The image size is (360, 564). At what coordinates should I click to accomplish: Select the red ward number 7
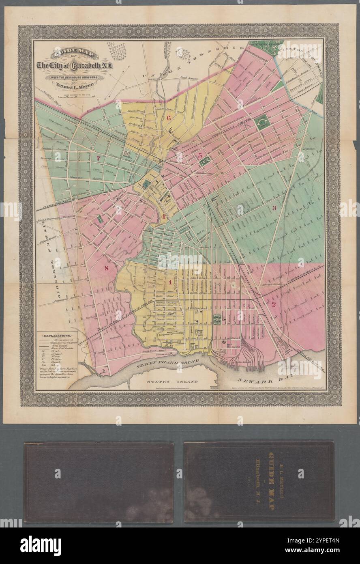point(97,158)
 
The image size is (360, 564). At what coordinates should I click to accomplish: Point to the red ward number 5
point(199,155)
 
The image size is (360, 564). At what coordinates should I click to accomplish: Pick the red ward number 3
point(274,209)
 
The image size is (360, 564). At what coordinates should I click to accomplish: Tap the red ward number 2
point(273,304)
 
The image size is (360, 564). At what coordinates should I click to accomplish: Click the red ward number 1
point(170,282)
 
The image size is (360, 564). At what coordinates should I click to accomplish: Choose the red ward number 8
point(107,268)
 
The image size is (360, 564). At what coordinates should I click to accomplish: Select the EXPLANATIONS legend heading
point(58,336)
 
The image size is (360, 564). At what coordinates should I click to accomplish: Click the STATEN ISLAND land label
point(172,382)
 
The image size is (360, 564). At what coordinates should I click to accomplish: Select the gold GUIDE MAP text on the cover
point(266,482)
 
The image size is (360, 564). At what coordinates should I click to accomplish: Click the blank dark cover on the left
point(99,482)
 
